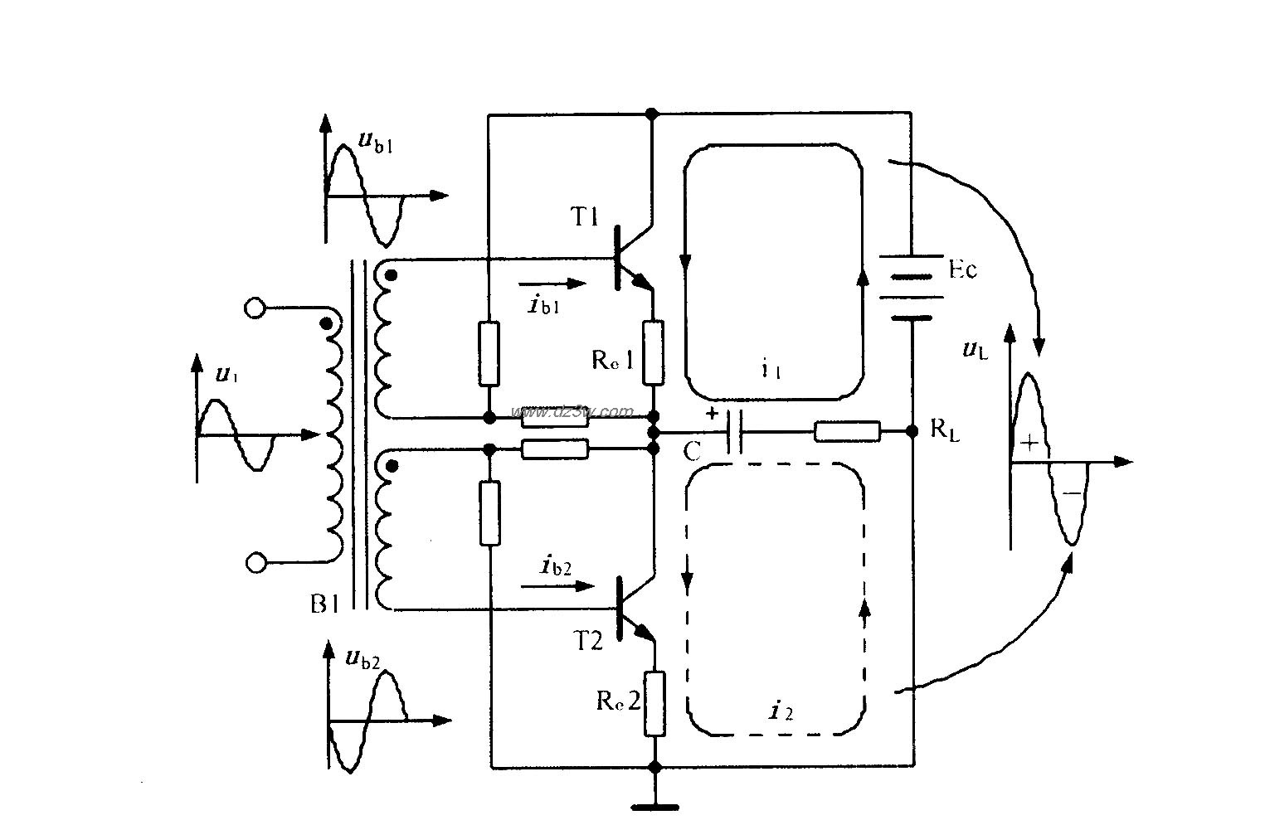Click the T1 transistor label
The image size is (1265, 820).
click(584, 217)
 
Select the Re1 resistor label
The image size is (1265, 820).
click(613, 359)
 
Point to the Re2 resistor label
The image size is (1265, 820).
click(618, 701)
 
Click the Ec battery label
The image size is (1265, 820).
click(961, 269)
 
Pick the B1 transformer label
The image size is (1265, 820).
click(325, 604)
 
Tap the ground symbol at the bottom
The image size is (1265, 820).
click(654, 804)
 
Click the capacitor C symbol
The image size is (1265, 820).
click(733, 432)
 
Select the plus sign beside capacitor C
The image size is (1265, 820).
click(711, 413)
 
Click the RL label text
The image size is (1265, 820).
click(945, 429)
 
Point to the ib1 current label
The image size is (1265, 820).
click(543, 305)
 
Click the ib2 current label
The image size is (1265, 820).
click(556, 566)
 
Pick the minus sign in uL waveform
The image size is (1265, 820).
click(1071, 493)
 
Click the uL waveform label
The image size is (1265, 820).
click(975, 349)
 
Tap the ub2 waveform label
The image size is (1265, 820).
click(362, 659)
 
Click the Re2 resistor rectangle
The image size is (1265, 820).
click(654, 704)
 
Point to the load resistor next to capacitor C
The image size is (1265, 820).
click(847, 431)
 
